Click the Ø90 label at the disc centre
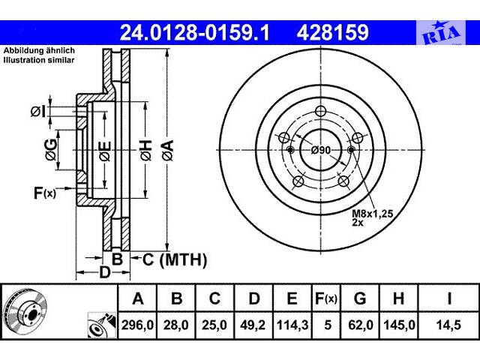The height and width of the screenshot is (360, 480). [x=321, y=150]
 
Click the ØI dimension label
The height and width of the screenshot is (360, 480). [x=38, y=112]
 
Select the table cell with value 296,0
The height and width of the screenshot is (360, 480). [x=138, y=324]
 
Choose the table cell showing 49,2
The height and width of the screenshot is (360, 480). [x=254, y=324]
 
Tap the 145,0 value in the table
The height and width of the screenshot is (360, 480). [x=398, y=324]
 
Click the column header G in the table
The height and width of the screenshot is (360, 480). [x=360, y=299]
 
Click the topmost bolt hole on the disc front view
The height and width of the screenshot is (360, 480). [x=321, y=112]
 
